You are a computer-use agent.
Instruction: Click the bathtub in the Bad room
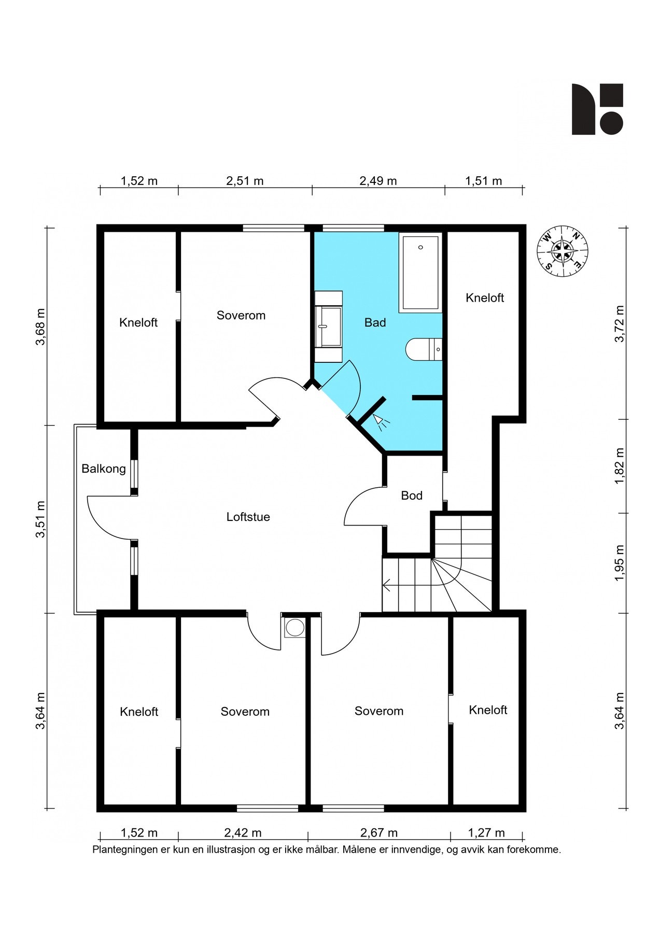(420, 273)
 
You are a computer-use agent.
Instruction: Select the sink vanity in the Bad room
(329, 327)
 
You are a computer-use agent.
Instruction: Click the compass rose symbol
(563, 251)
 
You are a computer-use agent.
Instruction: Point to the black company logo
(597, 109)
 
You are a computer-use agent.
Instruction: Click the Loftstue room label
(248, 517)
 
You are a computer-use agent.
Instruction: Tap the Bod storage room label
(412, 496)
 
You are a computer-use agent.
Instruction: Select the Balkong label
(104, 469)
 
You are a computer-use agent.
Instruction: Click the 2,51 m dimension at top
(245, 181)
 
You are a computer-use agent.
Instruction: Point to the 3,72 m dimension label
(620, 324)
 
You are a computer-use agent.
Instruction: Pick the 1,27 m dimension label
(486, 833)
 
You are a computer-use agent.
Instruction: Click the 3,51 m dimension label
(40, 519)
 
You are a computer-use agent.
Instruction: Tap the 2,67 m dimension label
(379, 833)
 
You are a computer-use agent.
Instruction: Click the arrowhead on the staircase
(386, 586)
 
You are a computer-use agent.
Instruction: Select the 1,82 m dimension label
(620, 466)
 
